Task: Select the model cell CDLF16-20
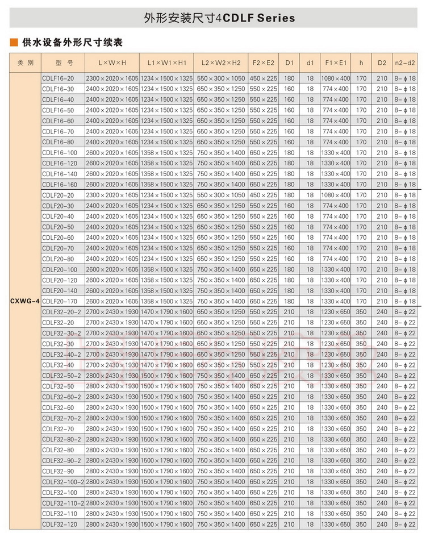point(58,78)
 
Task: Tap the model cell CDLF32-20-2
point(61,312)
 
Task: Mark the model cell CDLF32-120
point(60,524)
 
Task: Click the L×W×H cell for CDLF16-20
point(112,78)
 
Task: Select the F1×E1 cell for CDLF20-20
point(336,195)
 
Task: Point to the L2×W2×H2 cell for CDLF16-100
point(221,152)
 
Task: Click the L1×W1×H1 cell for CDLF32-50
point(166,386)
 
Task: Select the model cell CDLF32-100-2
point(63,482)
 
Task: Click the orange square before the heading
point(14,43)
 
